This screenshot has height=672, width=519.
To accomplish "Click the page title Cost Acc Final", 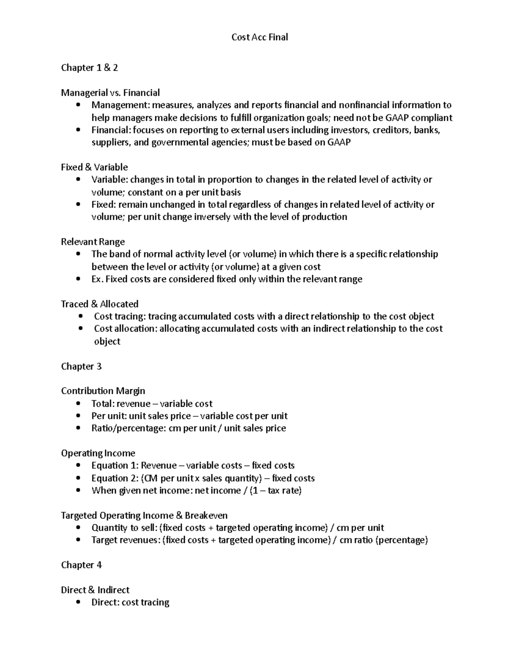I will pyautogui.click(x=259, y=37).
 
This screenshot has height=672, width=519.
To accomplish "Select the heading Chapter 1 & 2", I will pyautogui.click(x=90, y=68).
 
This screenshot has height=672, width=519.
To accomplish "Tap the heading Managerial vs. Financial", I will pyautogui.click(x=110, y=93).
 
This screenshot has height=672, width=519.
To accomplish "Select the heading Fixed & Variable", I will pyautogui.click(x=94, y=167).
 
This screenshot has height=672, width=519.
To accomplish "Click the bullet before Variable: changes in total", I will pyautogui.click(x=78, y=179).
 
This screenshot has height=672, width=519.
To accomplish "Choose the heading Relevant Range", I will pyautogui.click(x=93, y=242).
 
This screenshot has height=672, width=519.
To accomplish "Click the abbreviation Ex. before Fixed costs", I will pyautogui.click(x=97, y=279).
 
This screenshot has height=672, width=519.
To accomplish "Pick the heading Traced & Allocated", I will pyautogui.click(x=99, y=304).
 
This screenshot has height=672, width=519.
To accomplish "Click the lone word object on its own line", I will pyautogui.click(x=107, y=341).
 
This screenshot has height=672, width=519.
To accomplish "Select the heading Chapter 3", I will pyautogui.click(x=81, y=367).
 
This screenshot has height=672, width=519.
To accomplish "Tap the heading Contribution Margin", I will pyautogui.click(x=103, y=391).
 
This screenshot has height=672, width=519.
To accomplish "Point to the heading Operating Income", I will pyautogui.click(x=98, y=453).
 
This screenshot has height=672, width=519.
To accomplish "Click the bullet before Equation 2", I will pyautogui.click(x=78, y=478).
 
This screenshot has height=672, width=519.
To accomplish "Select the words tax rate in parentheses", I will pyautogui.click(x=283, y=491).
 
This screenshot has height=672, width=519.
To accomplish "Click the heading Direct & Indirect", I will pyautogui.click(x=95, y=590).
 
